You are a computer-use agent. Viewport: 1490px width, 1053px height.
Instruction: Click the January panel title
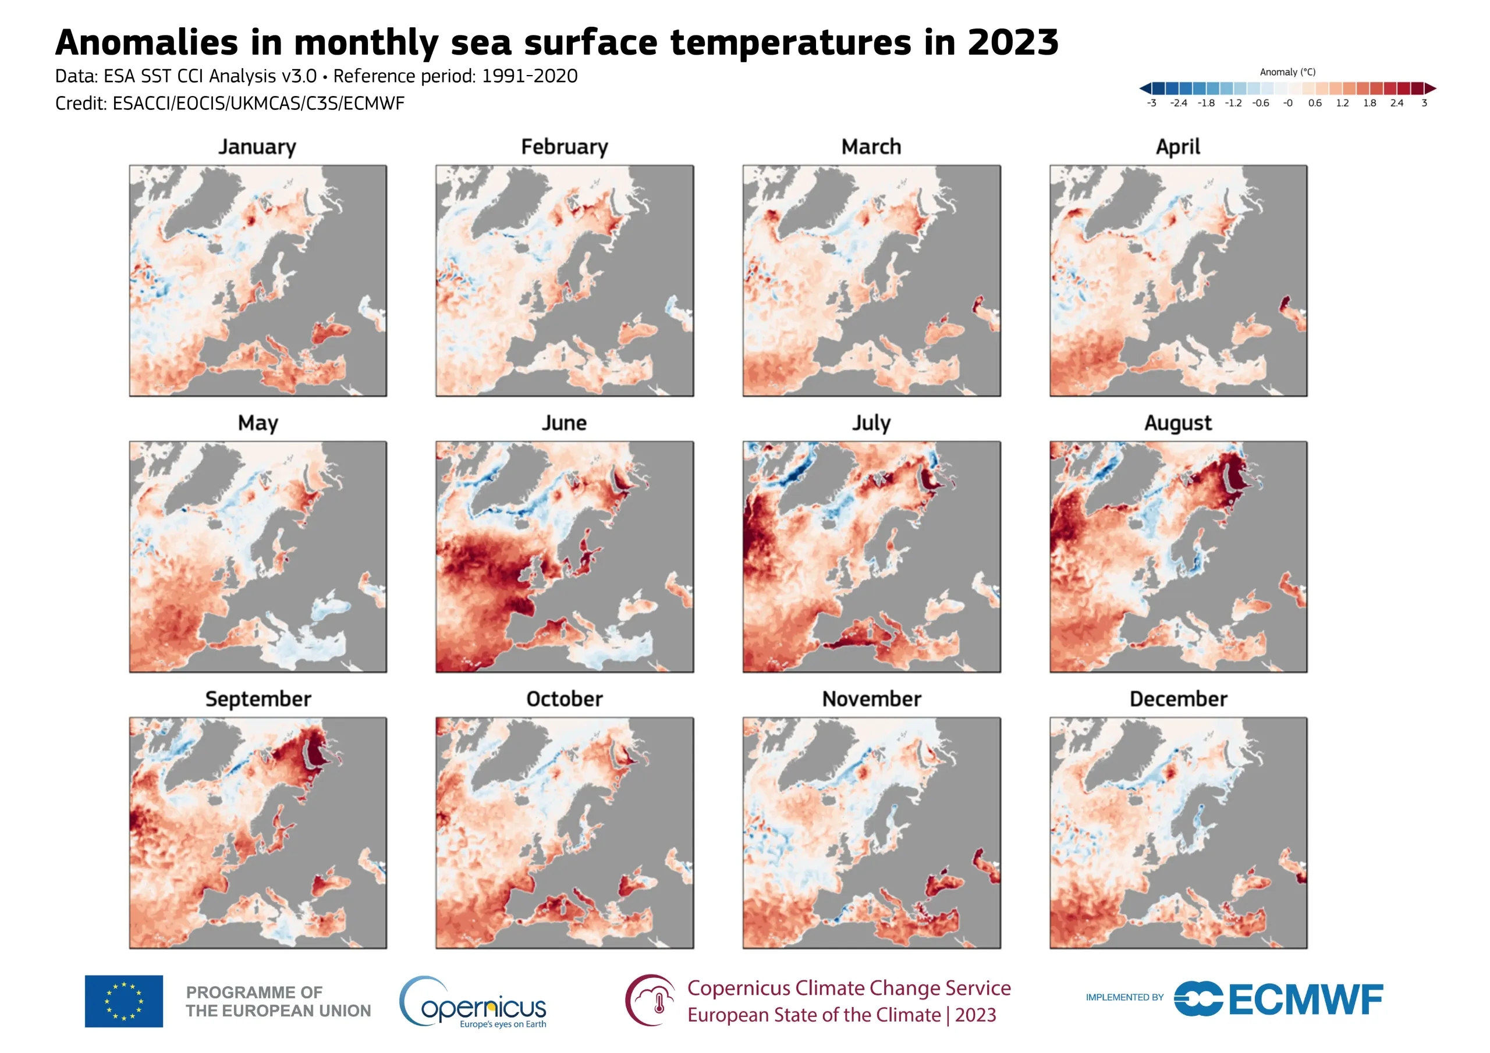click(x=257, y=147)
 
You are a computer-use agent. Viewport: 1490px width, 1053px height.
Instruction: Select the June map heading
click(x=564, y=423)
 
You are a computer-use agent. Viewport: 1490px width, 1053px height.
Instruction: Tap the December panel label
click(x=1178, y=699)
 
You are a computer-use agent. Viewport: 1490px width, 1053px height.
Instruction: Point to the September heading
click(x=258, y=699)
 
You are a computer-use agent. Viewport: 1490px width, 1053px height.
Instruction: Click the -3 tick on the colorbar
click(x=1151, y=103)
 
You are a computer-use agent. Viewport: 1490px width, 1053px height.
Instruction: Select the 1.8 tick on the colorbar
click(x=1370, y=103)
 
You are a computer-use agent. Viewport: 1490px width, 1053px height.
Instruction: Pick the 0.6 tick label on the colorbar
click(x=1315, y=103)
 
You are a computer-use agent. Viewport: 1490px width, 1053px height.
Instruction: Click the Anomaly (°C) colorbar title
click(x=1287, y=72)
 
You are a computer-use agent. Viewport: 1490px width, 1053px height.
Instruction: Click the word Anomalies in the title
click(x=147, y=43)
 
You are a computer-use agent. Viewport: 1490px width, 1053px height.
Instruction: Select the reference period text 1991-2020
click(x=529, y=77)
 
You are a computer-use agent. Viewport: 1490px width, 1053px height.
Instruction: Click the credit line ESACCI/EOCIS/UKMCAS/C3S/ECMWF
click(x=258, y=104)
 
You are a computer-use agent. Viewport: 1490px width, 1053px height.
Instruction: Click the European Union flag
click(x=123, y=1001)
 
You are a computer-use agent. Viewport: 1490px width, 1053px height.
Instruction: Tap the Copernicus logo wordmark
click(x=484, y=1007)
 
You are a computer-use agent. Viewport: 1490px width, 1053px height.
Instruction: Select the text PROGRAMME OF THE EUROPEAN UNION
click(x=278, y=1001)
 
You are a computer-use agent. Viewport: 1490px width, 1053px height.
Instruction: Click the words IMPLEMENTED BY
click(x=1124, y=997)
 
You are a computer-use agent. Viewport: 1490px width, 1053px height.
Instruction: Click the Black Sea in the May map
click(x=329, y=609)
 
